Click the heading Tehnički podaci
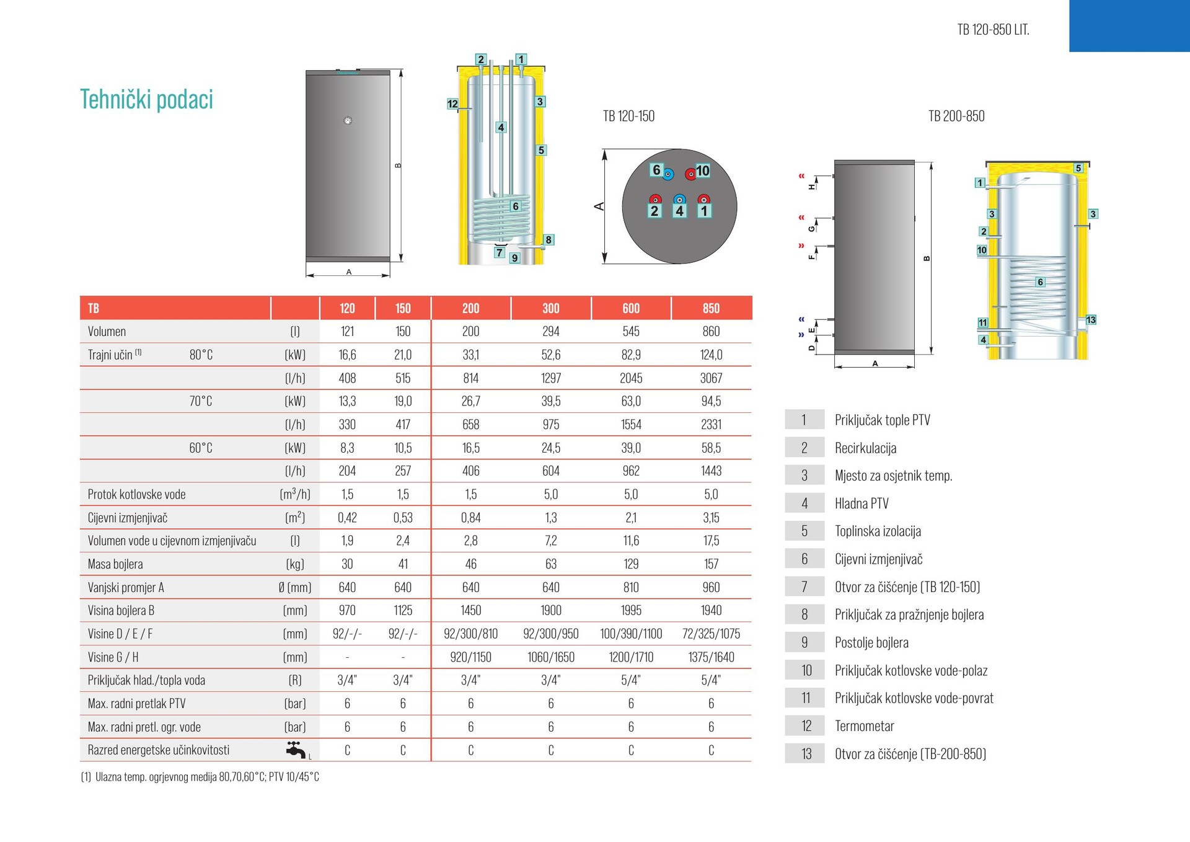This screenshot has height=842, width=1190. tap(146, 99)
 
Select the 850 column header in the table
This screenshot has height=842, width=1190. tap(711, 308)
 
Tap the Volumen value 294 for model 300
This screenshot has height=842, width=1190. tap(550, 331)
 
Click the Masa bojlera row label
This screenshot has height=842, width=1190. tap(115, 564)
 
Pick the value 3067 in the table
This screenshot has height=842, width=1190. tap(711, 378)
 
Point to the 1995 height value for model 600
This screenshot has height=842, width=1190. tap(631, 610)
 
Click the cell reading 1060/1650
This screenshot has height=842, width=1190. tap(550, 657)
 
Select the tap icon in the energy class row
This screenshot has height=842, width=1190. tap(296, 750)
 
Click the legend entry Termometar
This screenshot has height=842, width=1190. tap(864, 725)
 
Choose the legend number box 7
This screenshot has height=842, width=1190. tap(804, 587)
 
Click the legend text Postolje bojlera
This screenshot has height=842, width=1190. tap(871, 642)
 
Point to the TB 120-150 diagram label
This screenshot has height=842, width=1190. tap(628, 116)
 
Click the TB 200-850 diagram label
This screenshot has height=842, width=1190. tap(956, 116)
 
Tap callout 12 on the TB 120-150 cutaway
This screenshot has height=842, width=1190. tap(452, 104)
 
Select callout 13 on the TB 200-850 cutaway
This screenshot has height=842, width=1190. tap(1091, 320)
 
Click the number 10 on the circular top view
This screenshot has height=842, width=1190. tap(703, 171)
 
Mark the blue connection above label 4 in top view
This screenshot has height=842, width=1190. tap(679, 199)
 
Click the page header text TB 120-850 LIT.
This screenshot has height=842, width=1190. tap(993, 30)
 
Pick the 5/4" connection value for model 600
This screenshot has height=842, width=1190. tap(631, 680)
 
